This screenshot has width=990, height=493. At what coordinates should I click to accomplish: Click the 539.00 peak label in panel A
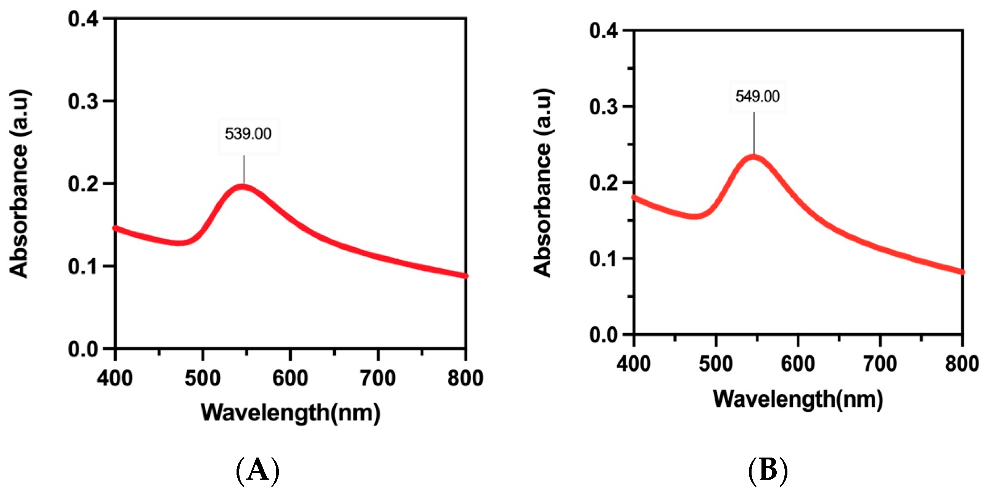(x=248, y=134)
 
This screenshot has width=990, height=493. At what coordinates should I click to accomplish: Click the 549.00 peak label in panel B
(x=758, y=96)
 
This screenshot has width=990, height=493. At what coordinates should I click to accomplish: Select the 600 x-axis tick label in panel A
(x=290, y=378)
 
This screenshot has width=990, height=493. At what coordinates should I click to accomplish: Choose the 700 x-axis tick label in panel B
(x=880, y=364)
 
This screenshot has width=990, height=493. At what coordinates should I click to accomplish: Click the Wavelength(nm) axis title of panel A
(x=291, y=413)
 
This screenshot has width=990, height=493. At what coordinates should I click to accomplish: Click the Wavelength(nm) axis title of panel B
(x=798, y=399)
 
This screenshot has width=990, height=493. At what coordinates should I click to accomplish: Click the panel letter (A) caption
(x=257, y=471)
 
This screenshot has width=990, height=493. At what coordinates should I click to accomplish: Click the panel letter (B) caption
(x=768, y=471)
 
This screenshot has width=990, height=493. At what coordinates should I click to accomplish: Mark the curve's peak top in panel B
(x=753, y=157)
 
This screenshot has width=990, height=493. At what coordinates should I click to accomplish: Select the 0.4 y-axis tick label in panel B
(x=604, y=31)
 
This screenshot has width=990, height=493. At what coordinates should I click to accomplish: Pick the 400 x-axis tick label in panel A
(x=115, y=378)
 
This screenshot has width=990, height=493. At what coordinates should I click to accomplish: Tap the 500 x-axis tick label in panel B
(x=716, y=364)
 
